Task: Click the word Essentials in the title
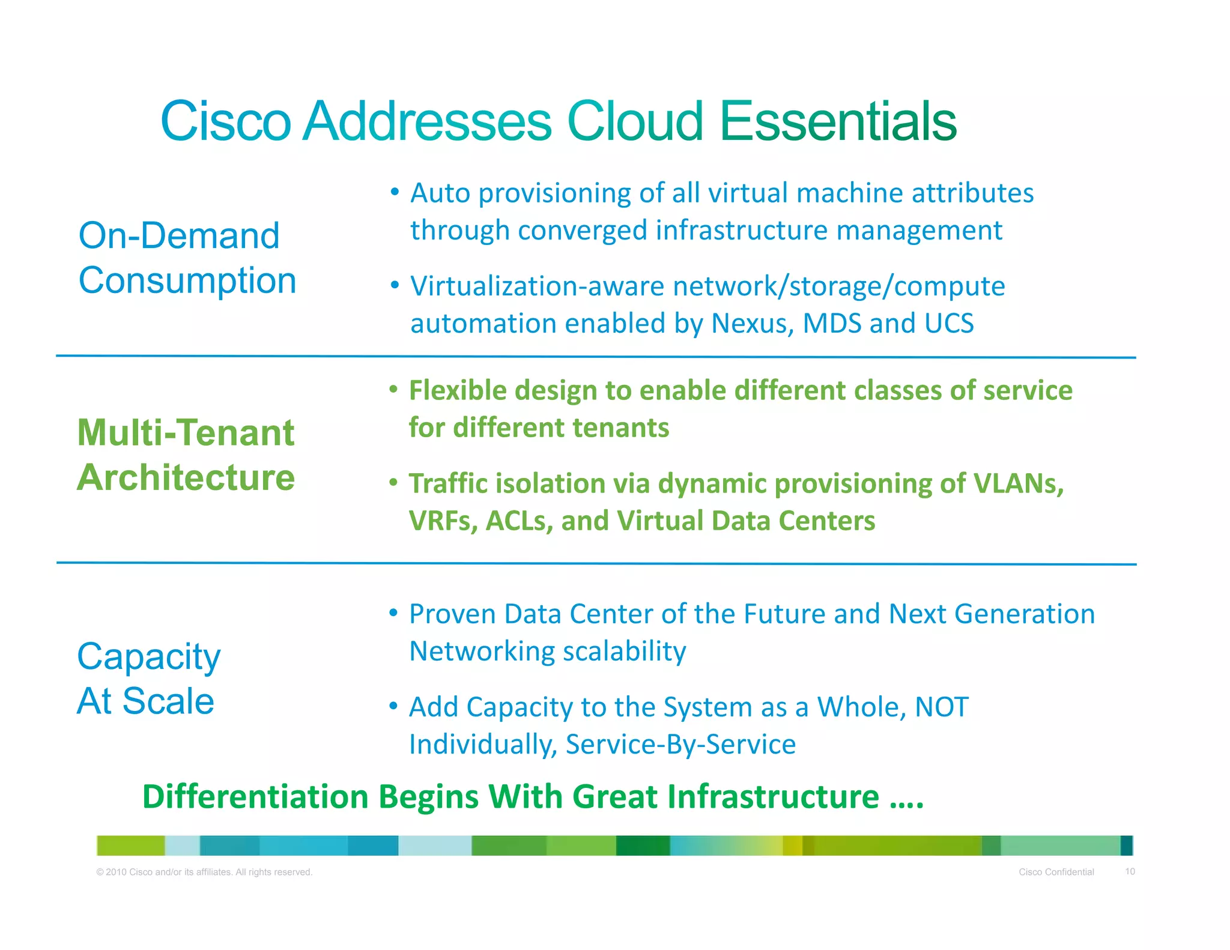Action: (837, 122)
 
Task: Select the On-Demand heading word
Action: (179, 235)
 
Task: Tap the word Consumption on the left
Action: (187, 280)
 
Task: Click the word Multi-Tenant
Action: (186, 432)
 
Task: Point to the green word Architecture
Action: (186, 477)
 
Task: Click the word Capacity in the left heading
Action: (149, 657)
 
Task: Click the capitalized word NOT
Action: (941, 707)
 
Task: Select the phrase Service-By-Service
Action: (680, 745)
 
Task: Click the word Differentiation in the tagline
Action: (255, 797)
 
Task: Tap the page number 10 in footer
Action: (1130, 871)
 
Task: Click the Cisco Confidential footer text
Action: (1056, 872)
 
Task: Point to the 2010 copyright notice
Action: (204, 872)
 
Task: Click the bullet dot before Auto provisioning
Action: (395, 192)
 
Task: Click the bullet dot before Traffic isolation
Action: (393, 482)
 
